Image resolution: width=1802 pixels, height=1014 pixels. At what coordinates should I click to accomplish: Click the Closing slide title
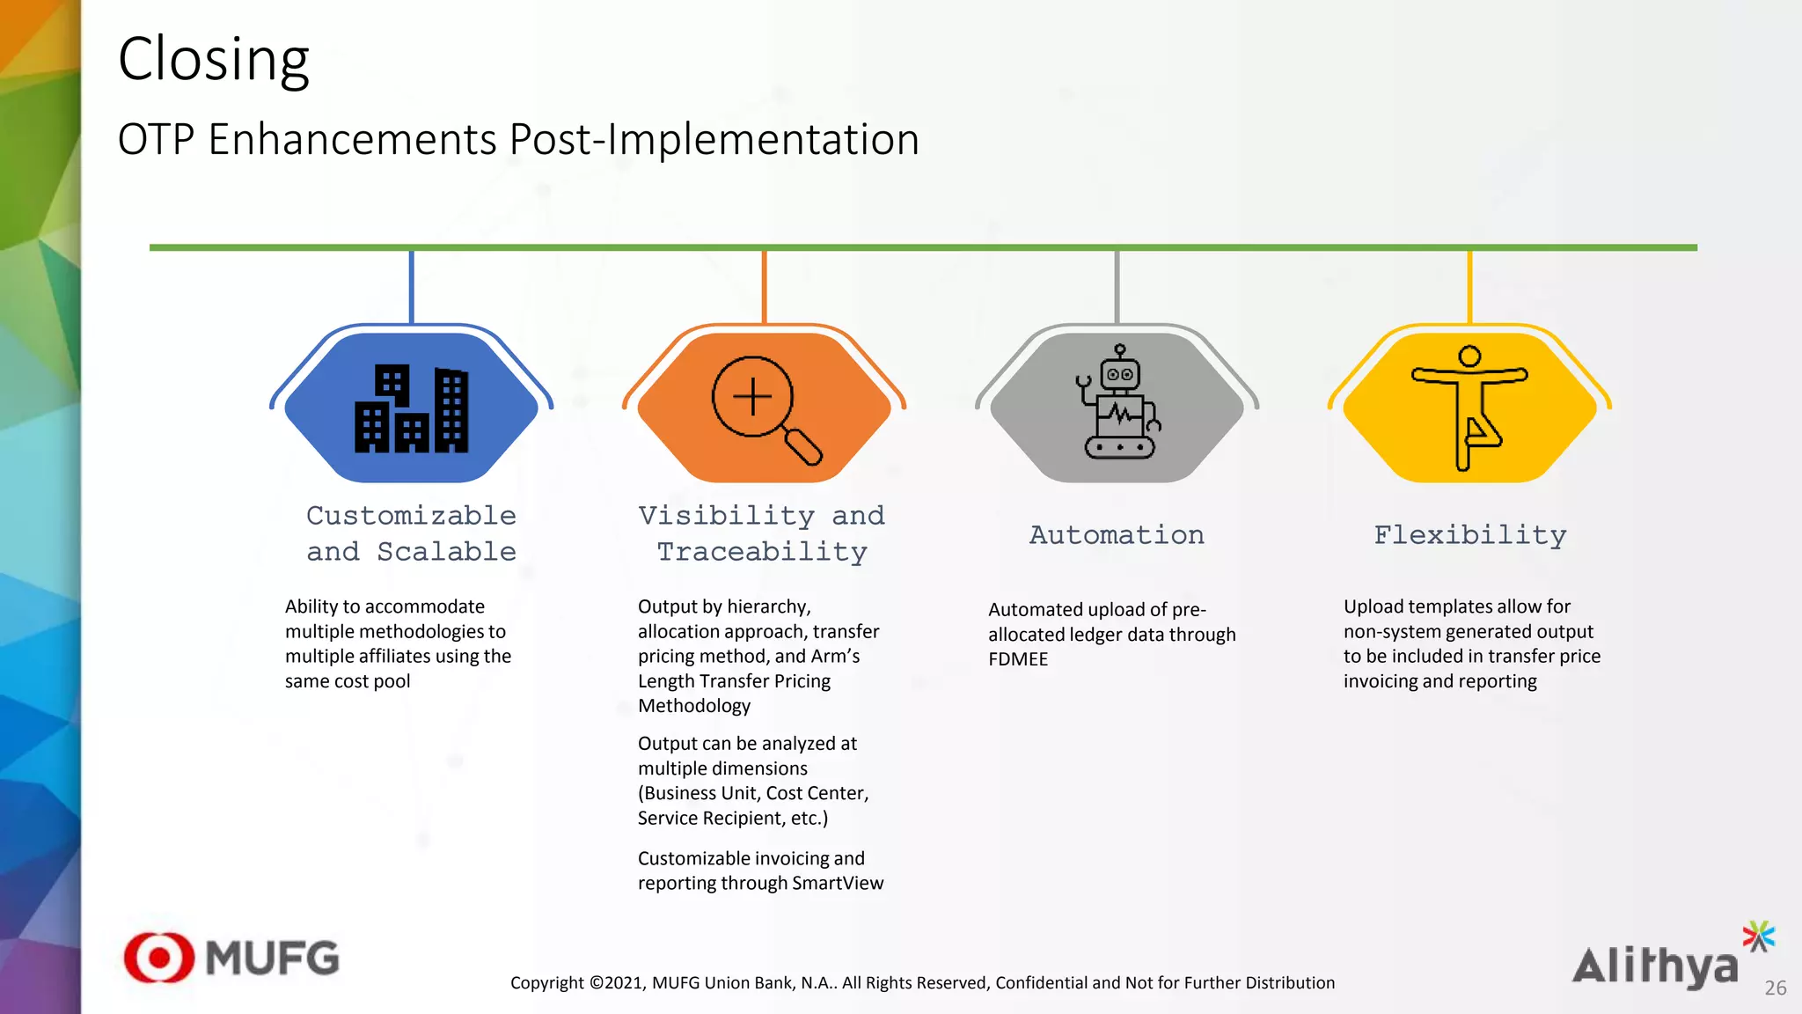click(x=214, y=60)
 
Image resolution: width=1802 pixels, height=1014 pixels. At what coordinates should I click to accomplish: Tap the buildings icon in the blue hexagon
click(x=411, y=408)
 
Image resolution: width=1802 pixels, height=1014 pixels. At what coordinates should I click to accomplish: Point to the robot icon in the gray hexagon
click(x=1117, y=403)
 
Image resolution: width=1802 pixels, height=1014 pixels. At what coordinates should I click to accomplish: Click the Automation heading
click(x=1117, y=535)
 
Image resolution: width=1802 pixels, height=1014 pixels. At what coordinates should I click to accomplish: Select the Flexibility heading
click(x=1469, y=535)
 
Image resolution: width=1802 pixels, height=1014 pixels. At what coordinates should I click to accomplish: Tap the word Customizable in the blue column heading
click(x=411, y=516)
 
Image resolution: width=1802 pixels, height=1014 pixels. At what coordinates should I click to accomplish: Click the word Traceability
click(x=762, y=553)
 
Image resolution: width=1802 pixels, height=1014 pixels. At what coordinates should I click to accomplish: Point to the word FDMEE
click(x=1018, y=659)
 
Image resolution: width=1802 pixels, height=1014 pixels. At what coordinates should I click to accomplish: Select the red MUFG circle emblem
click(x=159, y=958)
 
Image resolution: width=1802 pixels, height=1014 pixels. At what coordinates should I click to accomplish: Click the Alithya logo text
click(x=1655, y=966)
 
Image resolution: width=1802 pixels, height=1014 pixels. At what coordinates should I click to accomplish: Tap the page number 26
click(x=1775, y=988)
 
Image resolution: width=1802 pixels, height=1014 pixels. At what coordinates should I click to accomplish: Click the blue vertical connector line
click(x=411, y=287)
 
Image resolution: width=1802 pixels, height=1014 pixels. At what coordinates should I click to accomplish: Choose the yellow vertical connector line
click(x=1469, y=287)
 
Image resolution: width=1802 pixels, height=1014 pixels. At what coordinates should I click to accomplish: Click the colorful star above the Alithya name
click(x=1758, y=937)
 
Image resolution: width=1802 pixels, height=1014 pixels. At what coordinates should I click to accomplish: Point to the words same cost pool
click(x=348, y=681)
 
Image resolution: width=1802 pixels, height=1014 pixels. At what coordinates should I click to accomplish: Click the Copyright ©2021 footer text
click(x=922, y=983)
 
